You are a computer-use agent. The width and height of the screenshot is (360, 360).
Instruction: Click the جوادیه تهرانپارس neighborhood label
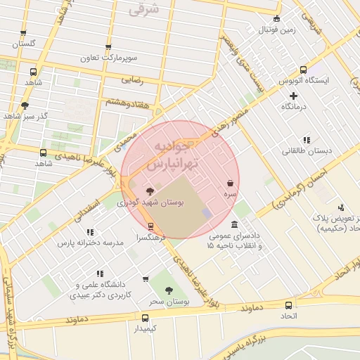click(176, 155)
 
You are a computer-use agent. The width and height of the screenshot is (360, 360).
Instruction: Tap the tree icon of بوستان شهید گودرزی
click(150, 191)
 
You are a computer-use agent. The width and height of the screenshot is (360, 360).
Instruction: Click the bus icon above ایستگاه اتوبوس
click(303, 70)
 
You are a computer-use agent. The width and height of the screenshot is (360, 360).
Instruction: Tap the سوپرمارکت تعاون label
click(108, 56)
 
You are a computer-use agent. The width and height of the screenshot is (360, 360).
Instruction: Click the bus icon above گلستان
click(23, 33)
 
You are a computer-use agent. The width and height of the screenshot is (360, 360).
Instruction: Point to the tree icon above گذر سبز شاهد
click(25, 105)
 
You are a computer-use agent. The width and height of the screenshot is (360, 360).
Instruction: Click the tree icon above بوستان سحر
click(167, 290)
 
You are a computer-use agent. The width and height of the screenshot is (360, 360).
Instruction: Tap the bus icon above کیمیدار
click(145, 318)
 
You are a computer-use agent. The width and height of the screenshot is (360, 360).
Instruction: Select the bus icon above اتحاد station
click(289, 305)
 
